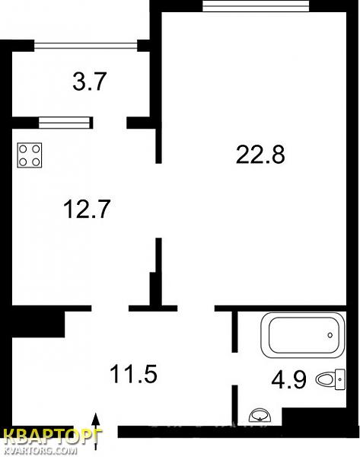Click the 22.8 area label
click(260, 155)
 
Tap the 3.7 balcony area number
click(89, 81)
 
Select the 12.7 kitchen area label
click(87, 209)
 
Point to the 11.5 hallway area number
click(133, 374)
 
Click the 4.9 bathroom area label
click(288, 379)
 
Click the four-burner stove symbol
click(30, 155)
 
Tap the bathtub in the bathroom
click(303, 335)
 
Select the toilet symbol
click(331, 379)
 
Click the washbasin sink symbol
click(260, 415)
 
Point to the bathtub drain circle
click(330, 335)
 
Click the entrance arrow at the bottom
click(96, 432)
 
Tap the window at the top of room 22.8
click(256, 6)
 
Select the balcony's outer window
click(86, 46)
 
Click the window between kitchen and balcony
click(64, 123)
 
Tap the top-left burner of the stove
click(23, 149)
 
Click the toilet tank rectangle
click(340, 379)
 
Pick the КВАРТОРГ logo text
click(52, 436)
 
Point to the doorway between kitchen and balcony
click(110, 123)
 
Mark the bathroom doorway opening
click(234, 369)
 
